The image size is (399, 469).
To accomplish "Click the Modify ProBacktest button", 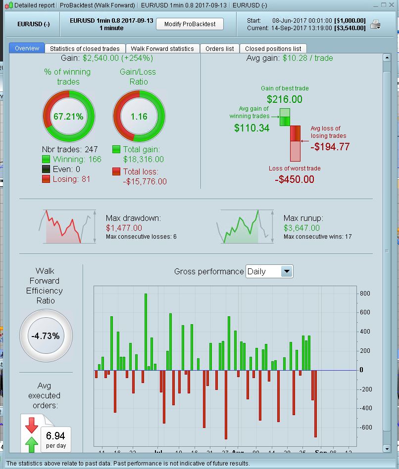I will [x=190, y=24].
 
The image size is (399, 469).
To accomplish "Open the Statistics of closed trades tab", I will [x=85, y=48].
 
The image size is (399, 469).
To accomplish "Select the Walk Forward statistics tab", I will [x=162, y=48].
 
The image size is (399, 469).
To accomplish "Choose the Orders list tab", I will [x=219, y=48].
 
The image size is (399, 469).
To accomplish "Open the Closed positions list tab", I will [x=273, y=48].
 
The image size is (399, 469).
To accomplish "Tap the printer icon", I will [x=376, y=24].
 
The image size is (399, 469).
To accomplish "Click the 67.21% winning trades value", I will [x=68, y=117].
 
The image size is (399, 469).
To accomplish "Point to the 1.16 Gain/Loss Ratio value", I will [x=139, y=117].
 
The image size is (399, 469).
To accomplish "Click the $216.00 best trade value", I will [x=284, y=99].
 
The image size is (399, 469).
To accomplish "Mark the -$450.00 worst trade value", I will [x=294, y=179].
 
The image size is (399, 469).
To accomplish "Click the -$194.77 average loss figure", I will [x=331, y=146].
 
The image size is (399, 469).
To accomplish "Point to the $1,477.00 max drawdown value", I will [x=124, y=228].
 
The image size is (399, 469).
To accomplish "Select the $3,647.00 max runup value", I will [x=301, y=228].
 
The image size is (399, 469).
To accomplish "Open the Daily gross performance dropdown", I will [x=287, y=271].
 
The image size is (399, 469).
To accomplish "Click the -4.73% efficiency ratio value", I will [x=46, y=336].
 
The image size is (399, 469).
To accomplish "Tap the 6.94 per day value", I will [x=55, y=436].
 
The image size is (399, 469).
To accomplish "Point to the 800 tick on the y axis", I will [x=365, y=294].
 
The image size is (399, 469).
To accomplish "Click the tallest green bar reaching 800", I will [x=146, y=331].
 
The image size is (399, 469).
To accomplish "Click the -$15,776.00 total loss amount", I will [x=145, y=181].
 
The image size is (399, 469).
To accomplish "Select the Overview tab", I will [x=27, y=48].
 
